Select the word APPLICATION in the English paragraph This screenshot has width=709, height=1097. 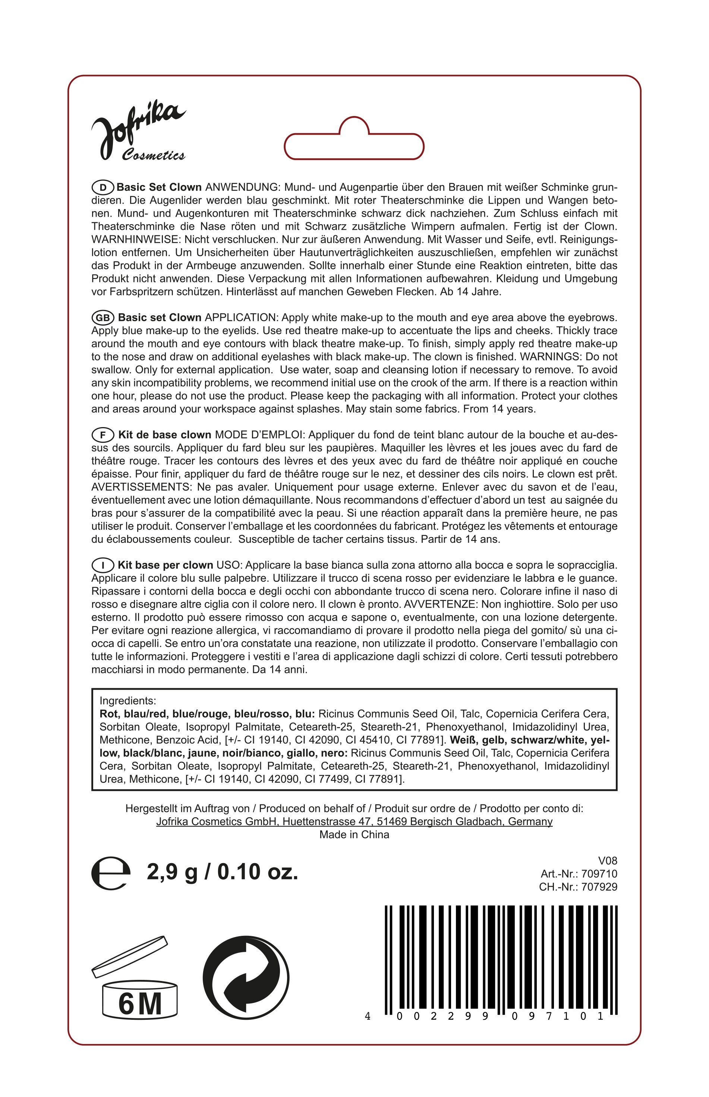pos(241,318)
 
